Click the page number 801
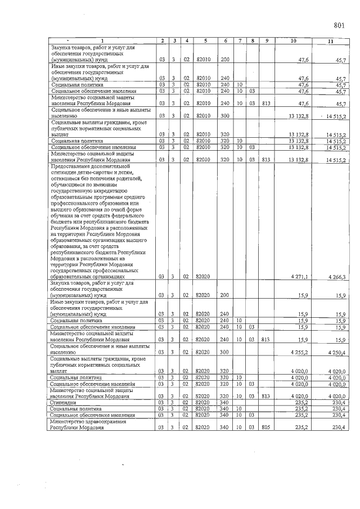tap(339, 25)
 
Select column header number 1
tap(102, 41)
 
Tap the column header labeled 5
tap(205, 41)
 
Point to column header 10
tap(293, 41)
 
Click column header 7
tap(240, 41)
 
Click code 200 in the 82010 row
tap(225, 59)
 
